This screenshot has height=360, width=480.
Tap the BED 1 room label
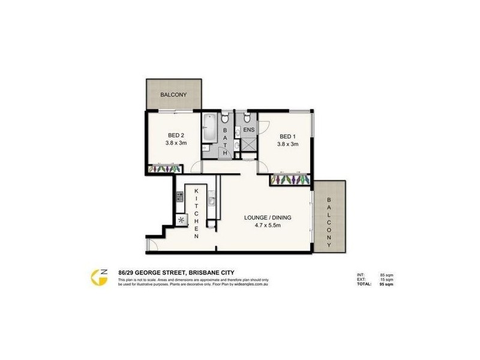pos(287,135)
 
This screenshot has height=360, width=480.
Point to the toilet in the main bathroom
pos(224,118)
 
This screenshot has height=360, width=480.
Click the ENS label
pos(249,129)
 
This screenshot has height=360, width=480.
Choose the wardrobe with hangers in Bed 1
pos(290,179)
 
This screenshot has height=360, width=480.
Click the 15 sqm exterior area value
pos(386,280)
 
